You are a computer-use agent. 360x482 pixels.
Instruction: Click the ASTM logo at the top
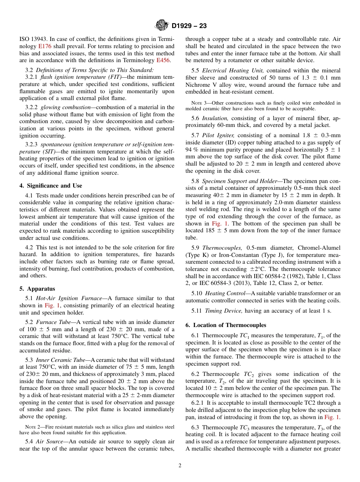coord(162,25)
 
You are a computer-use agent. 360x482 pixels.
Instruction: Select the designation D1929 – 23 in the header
coord(189,26)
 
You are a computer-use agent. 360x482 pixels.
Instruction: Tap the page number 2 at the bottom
coord(180,466)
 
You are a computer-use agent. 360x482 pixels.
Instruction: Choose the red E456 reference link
coord(163,60)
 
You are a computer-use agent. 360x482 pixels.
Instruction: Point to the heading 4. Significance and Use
coord(51,185)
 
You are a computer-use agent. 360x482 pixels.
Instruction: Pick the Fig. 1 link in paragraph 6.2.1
coord(332,417)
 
